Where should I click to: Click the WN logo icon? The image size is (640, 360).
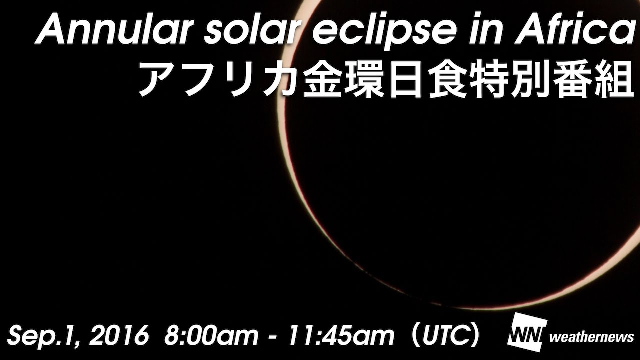pyautogui.click(x=526, y=333)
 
